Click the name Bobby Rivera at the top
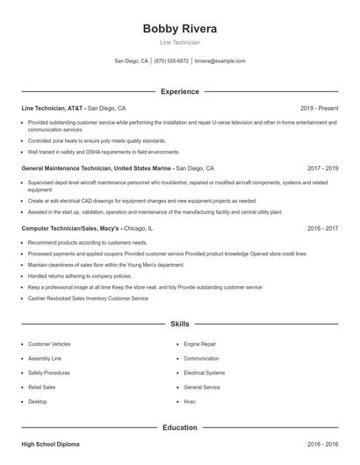click(180, 28)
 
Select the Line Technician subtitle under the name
click(180, 42)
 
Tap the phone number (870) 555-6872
click(172, 61)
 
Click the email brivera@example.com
click(220, 61)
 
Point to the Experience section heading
click(180, 91)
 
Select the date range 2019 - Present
click(319, 109)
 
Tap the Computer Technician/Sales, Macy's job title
click(70, 227)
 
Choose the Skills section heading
click(180, 324)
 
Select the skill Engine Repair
click(199, 345)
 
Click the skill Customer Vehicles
click(49, 345)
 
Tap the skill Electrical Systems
click(205, 373)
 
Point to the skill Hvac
click(190, 401)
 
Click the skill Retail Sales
click(41, 387)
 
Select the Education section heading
click(180, 427)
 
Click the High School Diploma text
click(50, 445)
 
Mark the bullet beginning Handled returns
click(68, 275)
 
